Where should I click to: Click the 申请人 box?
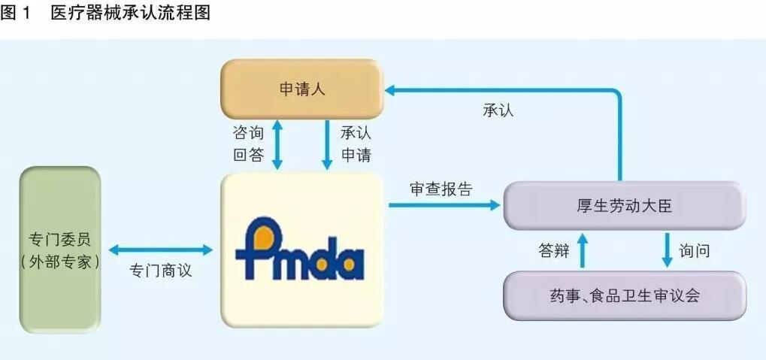(302, 89)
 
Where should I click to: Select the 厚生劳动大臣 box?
(625, 206)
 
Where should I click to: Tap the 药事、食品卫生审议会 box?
(625, 296)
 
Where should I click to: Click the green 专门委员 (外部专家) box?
(60, 250)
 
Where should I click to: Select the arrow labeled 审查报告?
(444, 205)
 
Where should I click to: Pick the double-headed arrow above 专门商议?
(161, 250)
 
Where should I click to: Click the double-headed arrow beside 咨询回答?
(277, 145)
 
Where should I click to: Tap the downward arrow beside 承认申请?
(326, 145)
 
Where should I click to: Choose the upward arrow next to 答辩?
(582, 250)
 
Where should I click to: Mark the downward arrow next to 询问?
(668, 250)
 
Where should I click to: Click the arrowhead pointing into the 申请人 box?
(390, 90)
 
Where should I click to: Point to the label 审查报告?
(441, 189)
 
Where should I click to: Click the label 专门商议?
(161, 271)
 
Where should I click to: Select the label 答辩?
(554, 251)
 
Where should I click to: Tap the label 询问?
(694, 251)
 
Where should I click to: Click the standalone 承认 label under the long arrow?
(498, 110)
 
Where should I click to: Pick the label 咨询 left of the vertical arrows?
(248, 133)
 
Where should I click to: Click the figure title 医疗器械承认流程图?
(131, 14)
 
